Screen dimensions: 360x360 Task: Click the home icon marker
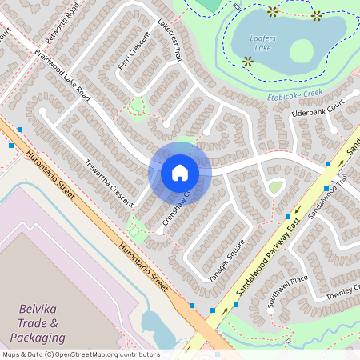(x=180, y=173)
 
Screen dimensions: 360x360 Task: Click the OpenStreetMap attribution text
(x=80, y=354)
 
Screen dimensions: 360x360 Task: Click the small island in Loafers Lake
(x=301, y=50)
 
